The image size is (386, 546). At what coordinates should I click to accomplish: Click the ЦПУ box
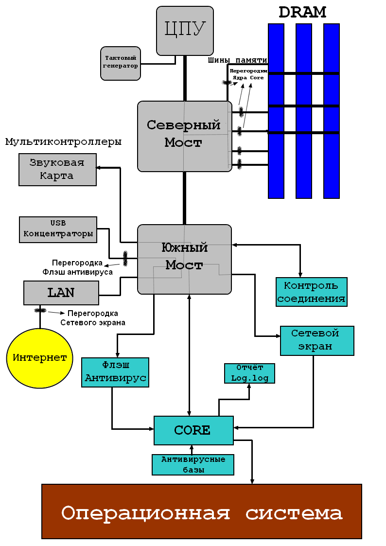click(x=185, y=30)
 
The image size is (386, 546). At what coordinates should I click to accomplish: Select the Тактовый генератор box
click(x=121, y=63)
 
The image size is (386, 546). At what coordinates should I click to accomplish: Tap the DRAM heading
click(x=302, y=12)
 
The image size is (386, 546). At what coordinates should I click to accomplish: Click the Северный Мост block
click(x=184, y=136)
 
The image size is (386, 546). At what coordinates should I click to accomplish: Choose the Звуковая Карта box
click(x=57, y=169)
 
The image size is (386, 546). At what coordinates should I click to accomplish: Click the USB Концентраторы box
click(x=58, y=229)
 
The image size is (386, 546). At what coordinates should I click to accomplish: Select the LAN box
click(x=61, y=292)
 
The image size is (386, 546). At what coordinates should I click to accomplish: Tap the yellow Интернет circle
click(x=39, y=358)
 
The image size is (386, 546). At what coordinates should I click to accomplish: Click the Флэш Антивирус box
click(x=115, y=372)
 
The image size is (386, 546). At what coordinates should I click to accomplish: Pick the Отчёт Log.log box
click(x=249, y=373)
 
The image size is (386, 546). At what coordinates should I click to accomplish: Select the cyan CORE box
click(x=193, y=430)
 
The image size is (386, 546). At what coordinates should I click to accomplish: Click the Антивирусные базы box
click(x=193, y=464)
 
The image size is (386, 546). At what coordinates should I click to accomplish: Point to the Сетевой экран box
click(x=317, y=340)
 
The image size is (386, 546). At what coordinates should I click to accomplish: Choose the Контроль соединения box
click(x=312, y=292)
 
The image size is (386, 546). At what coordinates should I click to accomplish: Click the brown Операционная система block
click(x=202, y=511)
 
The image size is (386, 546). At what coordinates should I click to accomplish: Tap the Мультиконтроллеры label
click(x=63, y=142)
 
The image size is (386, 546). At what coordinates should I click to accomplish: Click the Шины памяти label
click(x=238, y=60)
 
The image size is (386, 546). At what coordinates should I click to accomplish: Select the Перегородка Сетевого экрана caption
click(x=92, y=318)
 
